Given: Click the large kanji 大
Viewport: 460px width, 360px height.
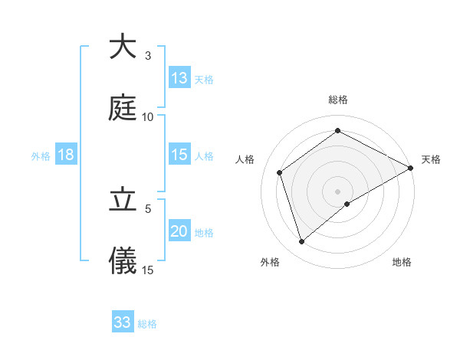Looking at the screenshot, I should pos(123,47).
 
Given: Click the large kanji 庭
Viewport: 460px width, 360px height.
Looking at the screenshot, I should pos(123,108).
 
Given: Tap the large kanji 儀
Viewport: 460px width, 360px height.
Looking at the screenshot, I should pos(123,261).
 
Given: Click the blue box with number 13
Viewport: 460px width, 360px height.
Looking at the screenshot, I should pos(179,78).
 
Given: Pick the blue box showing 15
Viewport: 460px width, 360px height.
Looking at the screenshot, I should pos(179,155).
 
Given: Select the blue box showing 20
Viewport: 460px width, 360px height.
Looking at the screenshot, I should pos(179,231).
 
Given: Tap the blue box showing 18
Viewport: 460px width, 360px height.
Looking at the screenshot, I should pos(66,155).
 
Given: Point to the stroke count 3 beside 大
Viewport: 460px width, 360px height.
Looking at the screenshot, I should pos(147,55).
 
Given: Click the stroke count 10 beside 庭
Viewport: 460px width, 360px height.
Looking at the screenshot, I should pos(148,116).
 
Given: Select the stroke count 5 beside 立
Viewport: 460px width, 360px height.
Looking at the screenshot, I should pos(148,208).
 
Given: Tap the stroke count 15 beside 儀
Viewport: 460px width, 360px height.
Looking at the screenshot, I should pos(148,270).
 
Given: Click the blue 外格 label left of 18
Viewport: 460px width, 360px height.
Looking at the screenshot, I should pos(41,155).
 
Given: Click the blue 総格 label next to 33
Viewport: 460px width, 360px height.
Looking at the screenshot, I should pos(147,323).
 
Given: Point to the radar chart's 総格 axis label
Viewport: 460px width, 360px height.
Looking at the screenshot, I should pos(337,100).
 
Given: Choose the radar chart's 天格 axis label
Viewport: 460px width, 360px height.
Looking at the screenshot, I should pos(431,159).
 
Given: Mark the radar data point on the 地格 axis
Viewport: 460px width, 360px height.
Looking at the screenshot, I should pos(347,204).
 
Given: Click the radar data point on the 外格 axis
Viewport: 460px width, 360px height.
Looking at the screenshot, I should pos(301,242).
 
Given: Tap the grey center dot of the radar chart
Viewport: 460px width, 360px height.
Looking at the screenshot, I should pos(337,191).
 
